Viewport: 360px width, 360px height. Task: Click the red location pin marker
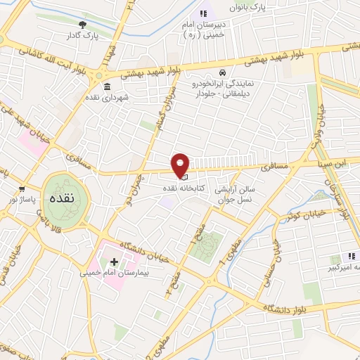pyautogui.click(x=181, y=165)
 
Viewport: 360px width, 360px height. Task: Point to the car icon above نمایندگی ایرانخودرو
pyautogui.click(x=222, y=72)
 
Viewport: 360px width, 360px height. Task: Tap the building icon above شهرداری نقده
pyautogui.click(x=107, y=87)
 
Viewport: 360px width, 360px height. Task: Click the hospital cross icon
pyautogui.click(x=115, y=262)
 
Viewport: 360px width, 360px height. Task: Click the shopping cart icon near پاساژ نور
pyautogui.click(x=22, y=188)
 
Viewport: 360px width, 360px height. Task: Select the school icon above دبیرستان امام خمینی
pyautogui.click(x=204, y=13)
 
